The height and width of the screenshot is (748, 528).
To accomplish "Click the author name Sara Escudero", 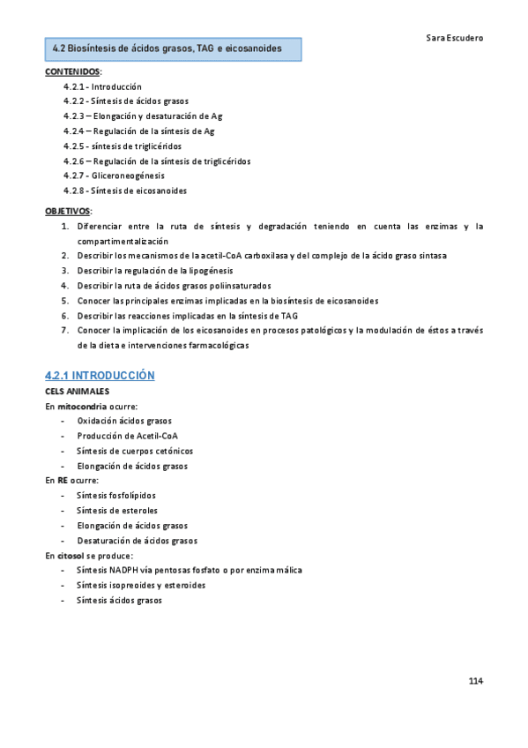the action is pyautogui.click(x=453, y=39).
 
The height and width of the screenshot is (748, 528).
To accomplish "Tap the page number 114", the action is pyautogui.click(x=475, y=682).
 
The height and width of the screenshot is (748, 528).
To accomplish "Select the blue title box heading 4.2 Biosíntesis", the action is pyautogui.click(x=174, y=49).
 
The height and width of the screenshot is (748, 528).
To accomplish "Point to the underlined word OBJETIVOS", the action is pyautogui.click(x=67, y=212).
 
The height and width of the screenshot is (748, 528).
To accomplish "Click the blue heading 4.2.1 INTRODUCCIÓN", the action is pyautogui.click(x=100, y=375).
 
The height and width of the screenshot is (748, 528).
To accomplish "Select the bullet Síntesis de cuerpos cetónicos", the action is pyautogui.click(x=134, y=451).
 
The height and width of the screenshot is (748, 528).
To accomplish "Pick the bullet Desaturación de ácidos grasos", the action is pyautogui.click(x=137, y=541).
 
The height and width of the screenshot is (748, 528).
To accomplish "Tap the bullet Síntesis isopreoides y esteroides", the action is pyautogui.click(x=141, y=585).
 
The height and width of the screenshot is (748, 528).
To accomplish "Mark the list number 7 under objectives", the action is pyautogui.click(x=64, y=330).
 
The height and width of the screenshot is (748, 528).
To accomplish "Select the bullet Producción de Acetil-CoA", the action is pyautogui.click(x=127, y=436).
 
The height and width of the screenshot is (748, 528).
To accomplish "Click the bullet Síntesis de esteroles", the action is pyautogui.click(x=117, y=511).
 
